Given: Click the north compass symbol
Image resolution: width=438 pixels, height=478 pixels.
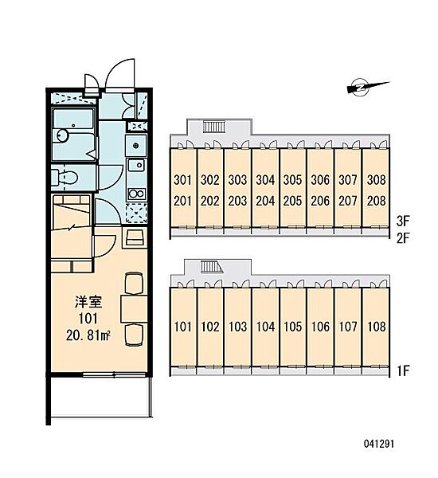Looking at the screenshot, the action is (367, 87).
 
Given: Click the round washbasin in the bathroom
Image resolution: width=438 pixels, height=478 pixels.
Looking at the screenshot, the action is (63, 135).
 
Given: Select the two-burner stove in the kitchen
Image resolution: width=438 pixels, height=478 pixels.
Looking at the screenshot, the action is (136, 194).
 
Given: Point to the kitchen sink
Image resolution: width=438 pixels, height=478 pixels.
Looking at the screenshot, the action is (136, 165).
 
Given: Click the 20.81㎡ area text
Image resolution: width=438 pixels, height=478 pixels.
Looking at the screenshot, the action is (88, 335).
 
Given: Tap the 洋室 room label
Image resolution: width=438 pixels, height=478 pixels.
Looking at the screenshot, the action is (88, 302).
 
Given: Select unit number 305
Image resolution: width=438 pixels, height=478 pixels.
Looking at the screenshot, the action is (292, 180).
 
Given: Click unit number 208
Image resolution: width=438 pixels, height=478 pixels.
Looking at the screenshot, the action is (377, 201).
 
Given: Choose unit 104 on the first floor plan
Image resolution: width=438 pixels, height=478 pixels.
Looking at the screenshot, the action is (265, 327).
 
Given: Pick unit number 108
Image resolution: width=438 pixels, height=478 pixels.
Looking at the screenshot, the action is (377, 327).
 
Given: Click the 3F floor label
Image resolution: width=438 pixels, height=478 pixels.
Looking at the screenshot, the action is (403, 221).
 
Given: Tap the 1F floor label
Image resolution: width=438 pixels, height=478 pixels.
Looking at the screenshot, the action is (403, 371).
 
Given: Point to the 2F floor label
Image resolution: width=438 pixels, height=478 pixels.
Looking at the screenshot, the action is (403, 238).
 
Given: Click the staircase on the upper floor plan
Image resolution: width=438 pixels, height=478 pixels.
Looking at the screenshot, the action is (214, 127).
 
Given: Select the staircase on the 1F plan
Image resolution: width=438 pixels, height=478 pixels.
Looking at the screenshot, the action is (212, 267).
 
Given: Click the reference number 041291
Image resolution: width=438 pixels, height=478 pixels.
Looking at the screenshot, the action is (379, 444).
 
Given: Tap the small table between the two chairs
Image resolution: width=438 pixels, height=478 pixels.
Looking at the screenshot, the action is (134, 308).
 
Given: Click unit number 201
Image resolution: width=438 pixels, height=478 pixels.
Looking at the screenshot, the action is (182, 201).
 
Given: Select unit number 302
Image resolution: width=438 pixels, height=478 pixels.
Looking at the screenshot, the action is (210, 180).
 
